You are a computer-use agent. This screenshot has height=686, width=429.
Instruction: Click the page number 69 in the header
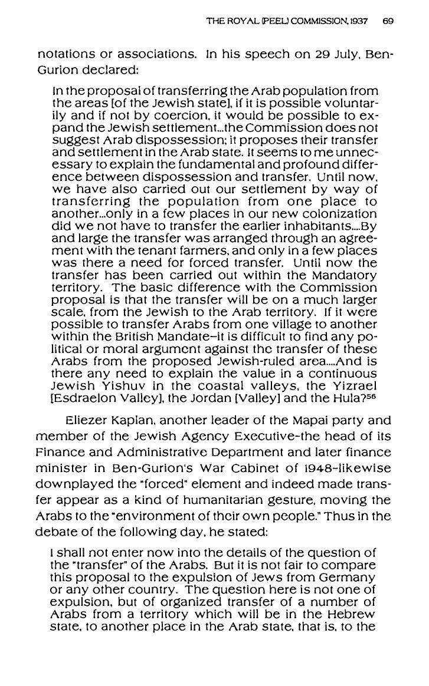pyautogui.click(x=388, y=21)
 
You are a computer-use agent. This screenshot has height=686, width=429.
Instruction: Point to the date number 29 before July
pyautogui.click(x=319, y=54)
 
